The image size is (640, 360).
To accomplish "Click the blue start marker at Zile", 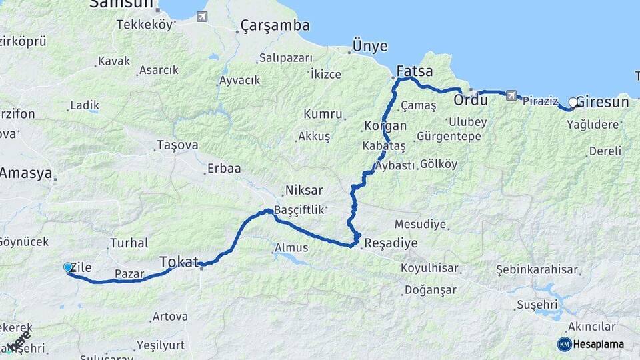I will click(67, 267).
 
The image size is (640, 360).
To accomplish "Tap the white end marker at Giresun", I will click(573, 103).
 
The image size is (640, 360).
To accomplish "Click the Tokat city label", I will click(179, 261).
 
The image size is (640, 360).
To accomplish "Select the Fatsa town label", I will click(414, 71).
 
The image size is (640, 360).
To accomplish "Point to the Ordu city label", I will click(471, 100).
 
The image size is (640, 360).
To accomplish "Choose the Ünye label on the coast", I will click(369, 46).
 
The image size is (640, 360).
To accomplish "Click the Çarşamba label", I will click(275, 25).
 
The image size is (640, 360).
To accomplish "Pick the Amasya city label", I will click(26, 173).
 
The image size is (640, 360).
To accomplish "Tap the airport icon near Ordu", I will click(511, 95).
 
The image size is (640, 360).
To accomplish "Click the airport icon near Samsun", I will click(201, 16).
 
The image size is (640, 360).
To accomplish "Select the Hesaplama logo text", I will click(599, 344).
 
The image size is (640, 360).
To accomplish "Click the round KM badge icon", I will click(564, 344).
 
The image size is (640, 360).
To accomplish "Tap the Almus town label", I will click(292, 248).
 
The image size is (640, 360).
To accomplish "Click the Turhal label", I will click(129, 243).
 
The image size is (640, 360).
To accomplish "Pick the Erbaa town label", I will click(224, 168).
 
